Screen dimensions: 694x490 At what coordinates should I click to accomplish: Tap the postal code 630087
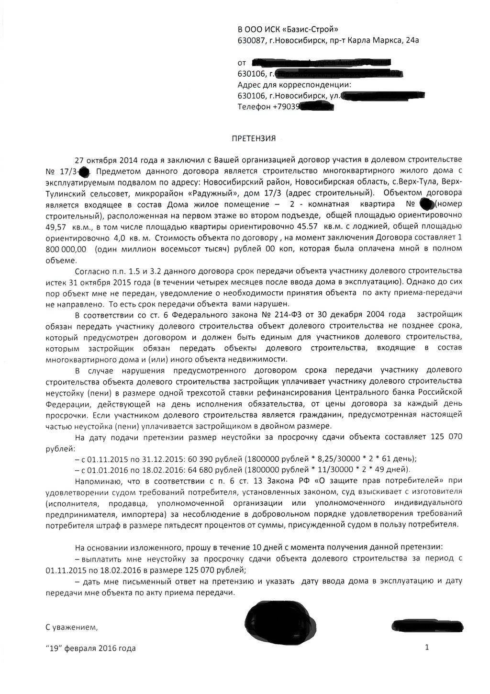coord(251,41)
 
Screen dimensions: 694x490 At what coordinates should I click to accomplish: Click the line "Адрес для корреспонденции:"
coord(294,85)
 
